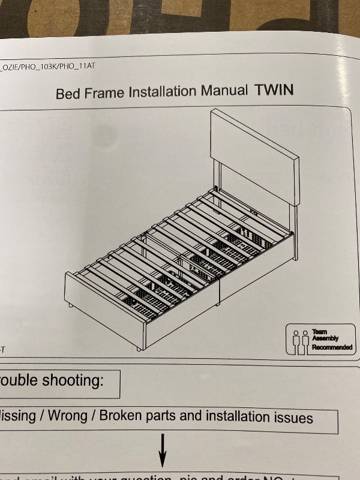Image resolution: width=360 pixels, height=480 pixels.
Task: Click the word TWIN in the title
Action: coord(274,91)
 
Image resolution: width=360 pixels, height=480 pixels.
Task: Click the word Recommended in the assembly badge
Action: coord(331,347)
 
